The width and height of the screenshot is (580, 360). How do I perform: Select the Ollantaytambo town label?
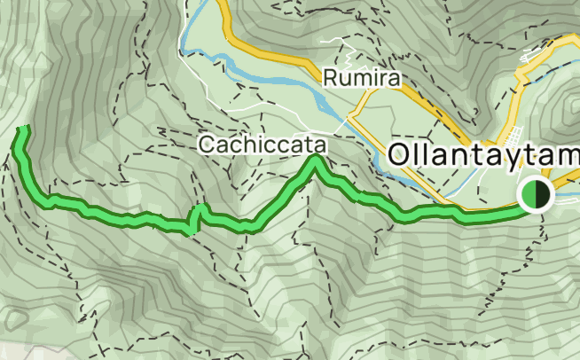click(x=483, y=154)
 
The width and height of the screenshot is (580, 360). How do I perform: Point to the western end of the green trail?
click(x=24, y=130)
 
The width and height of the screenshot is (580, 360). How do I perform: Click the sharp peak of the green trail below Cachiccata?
click(x=315, y=160)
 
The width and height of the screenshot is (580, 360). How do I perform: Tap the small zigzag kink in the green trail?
click(x=197, y=217)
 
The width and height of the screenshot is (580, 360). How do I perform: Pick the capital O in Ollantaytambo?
click(x=400, y=154)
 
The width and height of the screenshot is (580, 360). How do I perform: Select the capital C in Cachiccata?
click(x=208, y=144)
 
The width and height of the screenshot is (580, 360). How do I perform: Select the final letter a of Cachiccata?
click(x=308, y=145)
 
